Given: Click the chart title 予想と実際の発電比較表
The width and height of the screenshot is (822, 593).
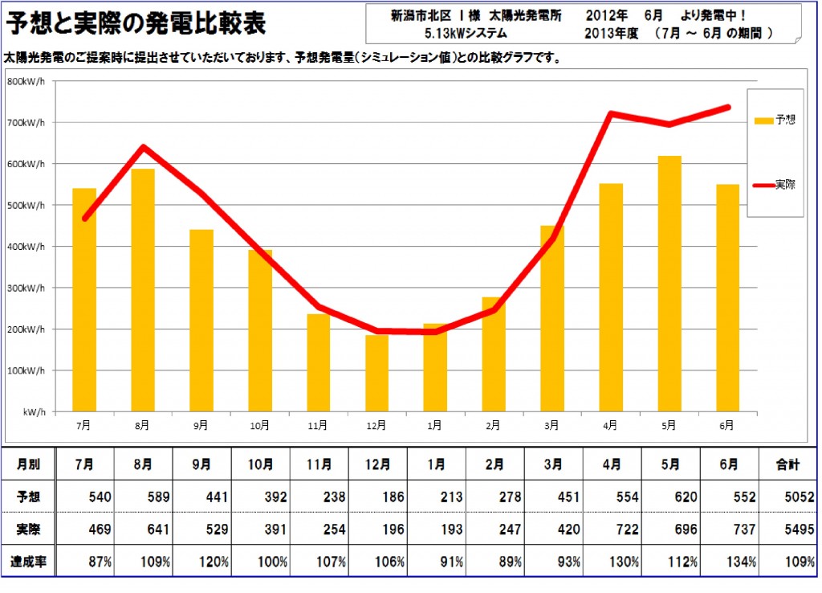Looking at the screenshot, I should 136,23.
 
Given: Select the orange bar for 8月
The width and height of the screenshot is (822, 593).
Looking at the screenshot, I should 143,289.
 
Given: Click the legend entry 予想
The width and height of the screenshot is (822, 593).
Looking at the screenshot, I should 775,121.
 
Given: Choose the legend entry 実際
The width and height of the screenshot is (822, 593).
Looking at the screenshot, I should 775,185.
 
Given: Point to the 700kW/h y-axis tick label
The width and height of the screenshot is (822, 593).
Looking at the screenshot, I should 26,123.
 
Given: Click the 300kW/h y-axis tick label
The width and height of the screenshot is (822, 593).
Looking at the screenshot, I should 26,288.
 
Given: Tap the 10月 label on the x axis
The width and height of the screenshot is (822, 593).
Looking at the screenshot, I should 259,425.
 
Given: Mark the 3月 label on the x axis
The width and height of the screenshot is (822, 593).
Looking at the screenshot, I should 551,425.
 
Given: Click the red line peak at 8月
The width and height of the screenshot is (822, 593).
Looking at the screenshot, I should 143,147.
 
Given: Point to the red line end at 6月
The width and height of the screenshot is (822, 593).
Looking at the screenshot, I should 727,107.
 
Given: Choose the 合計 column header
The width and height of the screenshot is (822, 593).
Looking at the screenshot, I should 787,464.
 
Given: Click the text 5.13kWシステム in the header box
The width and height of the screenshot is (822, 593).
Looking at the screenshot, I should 466,34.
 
